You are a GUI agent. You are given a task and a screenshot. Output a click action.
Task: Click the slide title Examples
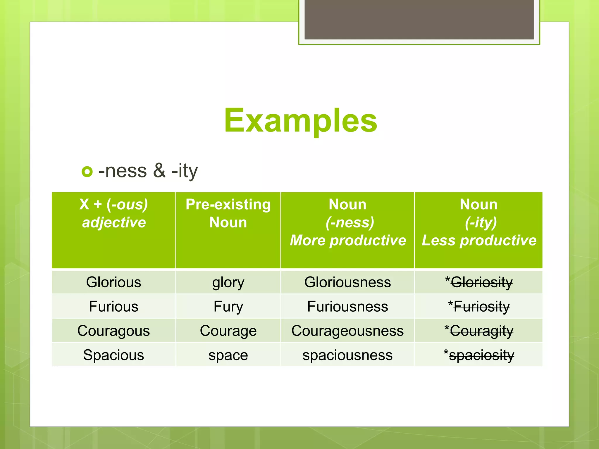pyautogui.click(x=300, y=120)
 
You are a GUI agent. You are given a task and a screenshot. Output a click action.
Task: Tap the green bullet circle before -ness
pyautogui.click(x=87, y=172)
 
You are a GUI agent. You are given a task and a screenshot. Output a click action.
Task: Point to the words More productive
pyautogui.click(x=348, y=241)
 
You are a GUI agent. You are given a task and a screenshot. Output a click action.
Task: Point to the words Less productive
pyautogui.click(x=479, y=241)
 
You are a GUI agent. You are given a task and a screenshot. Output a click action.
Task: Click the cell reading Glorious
pyautogui.click(x=114, y=282)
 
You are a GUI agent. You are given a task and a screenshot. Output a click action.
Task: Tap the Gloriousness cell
pyautogui.click(x=347, y=282)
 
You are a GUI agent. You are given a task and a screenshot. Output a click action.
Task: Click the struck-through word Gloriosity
pyautogui.click(x=481, y=282)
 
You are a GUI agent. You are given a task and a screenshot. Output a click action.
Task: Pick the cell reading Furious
pyautogui.click(x=114, y=307)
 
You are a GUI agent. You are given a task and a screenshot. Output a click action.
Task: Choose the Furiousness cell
pyautogui.click(x=347, y=307)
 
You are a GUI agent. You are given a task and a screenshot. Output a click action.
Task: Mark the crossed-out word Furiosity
pyautogui.click(x=481, y=307)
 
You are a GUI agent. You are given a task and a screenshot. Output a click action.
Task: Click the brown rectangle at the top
pyautogui.click(x=419, y=19)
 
